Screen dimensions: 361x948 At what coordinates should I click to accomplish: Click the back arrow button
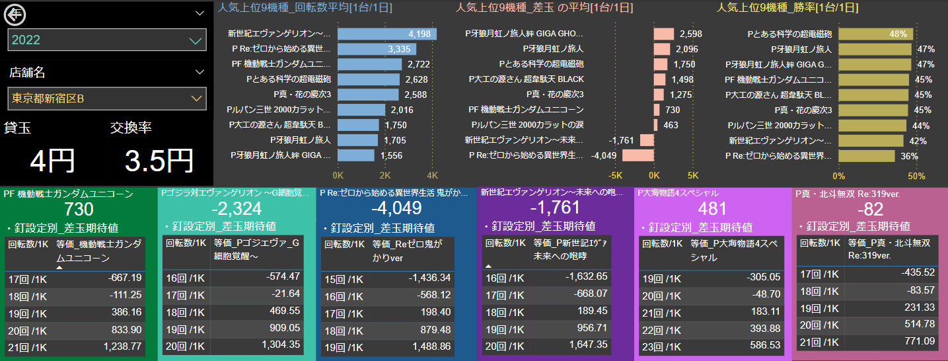15,13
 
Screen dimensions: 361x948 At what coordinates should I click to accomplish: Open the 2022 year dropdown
107,40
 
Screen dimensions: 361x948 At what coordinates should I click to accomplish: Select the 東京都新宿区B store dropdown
107,99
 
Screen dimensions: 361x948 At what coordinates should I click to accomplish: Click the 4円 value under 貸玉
52,161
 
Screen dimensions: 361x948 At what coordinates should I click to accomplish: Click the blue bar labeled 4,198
386,34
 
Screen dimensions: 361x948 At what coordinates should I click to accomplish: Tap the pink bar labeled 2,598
664,34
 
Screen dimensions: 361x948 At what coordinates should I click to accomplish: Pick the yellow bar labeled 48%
875,34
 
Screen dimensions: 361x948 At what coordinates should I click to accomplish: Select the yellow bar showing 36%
866,155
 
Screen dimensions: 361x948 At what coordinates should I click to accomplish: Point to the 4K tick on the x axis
433,176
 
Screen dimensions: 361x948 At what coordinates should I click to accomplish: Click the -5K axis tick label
616,176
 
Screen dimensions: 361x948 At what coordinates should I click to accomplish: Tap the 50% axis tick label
916,176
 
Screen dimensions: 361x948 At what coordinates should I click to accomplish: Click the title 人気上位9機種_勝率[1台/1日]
787,8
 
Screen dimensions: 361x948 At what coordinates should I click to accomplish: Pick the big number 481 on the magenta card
712,209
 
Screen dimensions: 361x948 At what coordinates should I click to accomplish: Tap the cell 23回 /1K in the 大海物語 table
661,345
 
